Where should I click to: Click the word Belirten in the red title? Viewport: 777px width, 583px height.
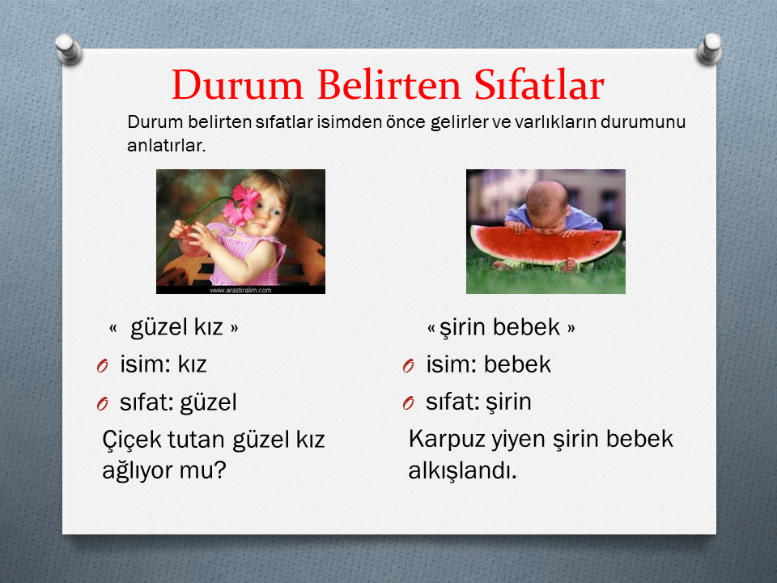(388, 85)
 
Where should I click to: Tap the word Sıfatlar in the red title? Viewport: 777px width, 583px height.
(539, 85)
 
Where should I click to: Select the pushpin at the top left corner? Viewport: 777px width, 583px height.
(68, 49)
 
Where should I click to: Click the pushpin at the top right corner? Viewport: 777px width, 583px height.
(710, 49)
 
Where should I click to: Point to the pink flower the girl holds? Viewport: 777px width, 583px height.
(242, 204)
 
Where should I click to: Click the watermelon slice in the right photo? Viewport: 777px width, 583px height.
(545, 246)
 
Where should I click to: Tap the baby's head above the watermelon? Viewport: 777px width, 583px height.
(546, 204)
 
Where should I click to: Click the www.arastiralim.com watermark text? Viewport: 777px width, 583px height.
(240, 290)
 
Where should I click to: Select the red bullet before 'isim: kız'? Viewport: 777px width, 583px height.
(103, 366)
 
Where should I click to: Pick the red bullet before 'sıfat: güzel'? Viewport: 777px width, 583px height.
(103, 403)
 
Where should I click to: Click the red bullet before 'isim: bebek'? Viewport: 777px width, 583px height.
(408, 366)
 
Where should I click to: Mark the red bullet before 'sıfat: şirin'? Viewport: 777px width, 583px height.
(408, 403)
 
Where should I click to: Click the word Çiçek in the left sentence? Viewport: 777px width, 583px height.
(131, 440)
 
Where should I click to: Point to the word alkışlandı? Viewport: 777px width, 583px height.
(462, 470)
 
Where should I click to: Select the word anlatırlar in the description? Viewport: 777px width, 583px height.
(166, 146)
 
